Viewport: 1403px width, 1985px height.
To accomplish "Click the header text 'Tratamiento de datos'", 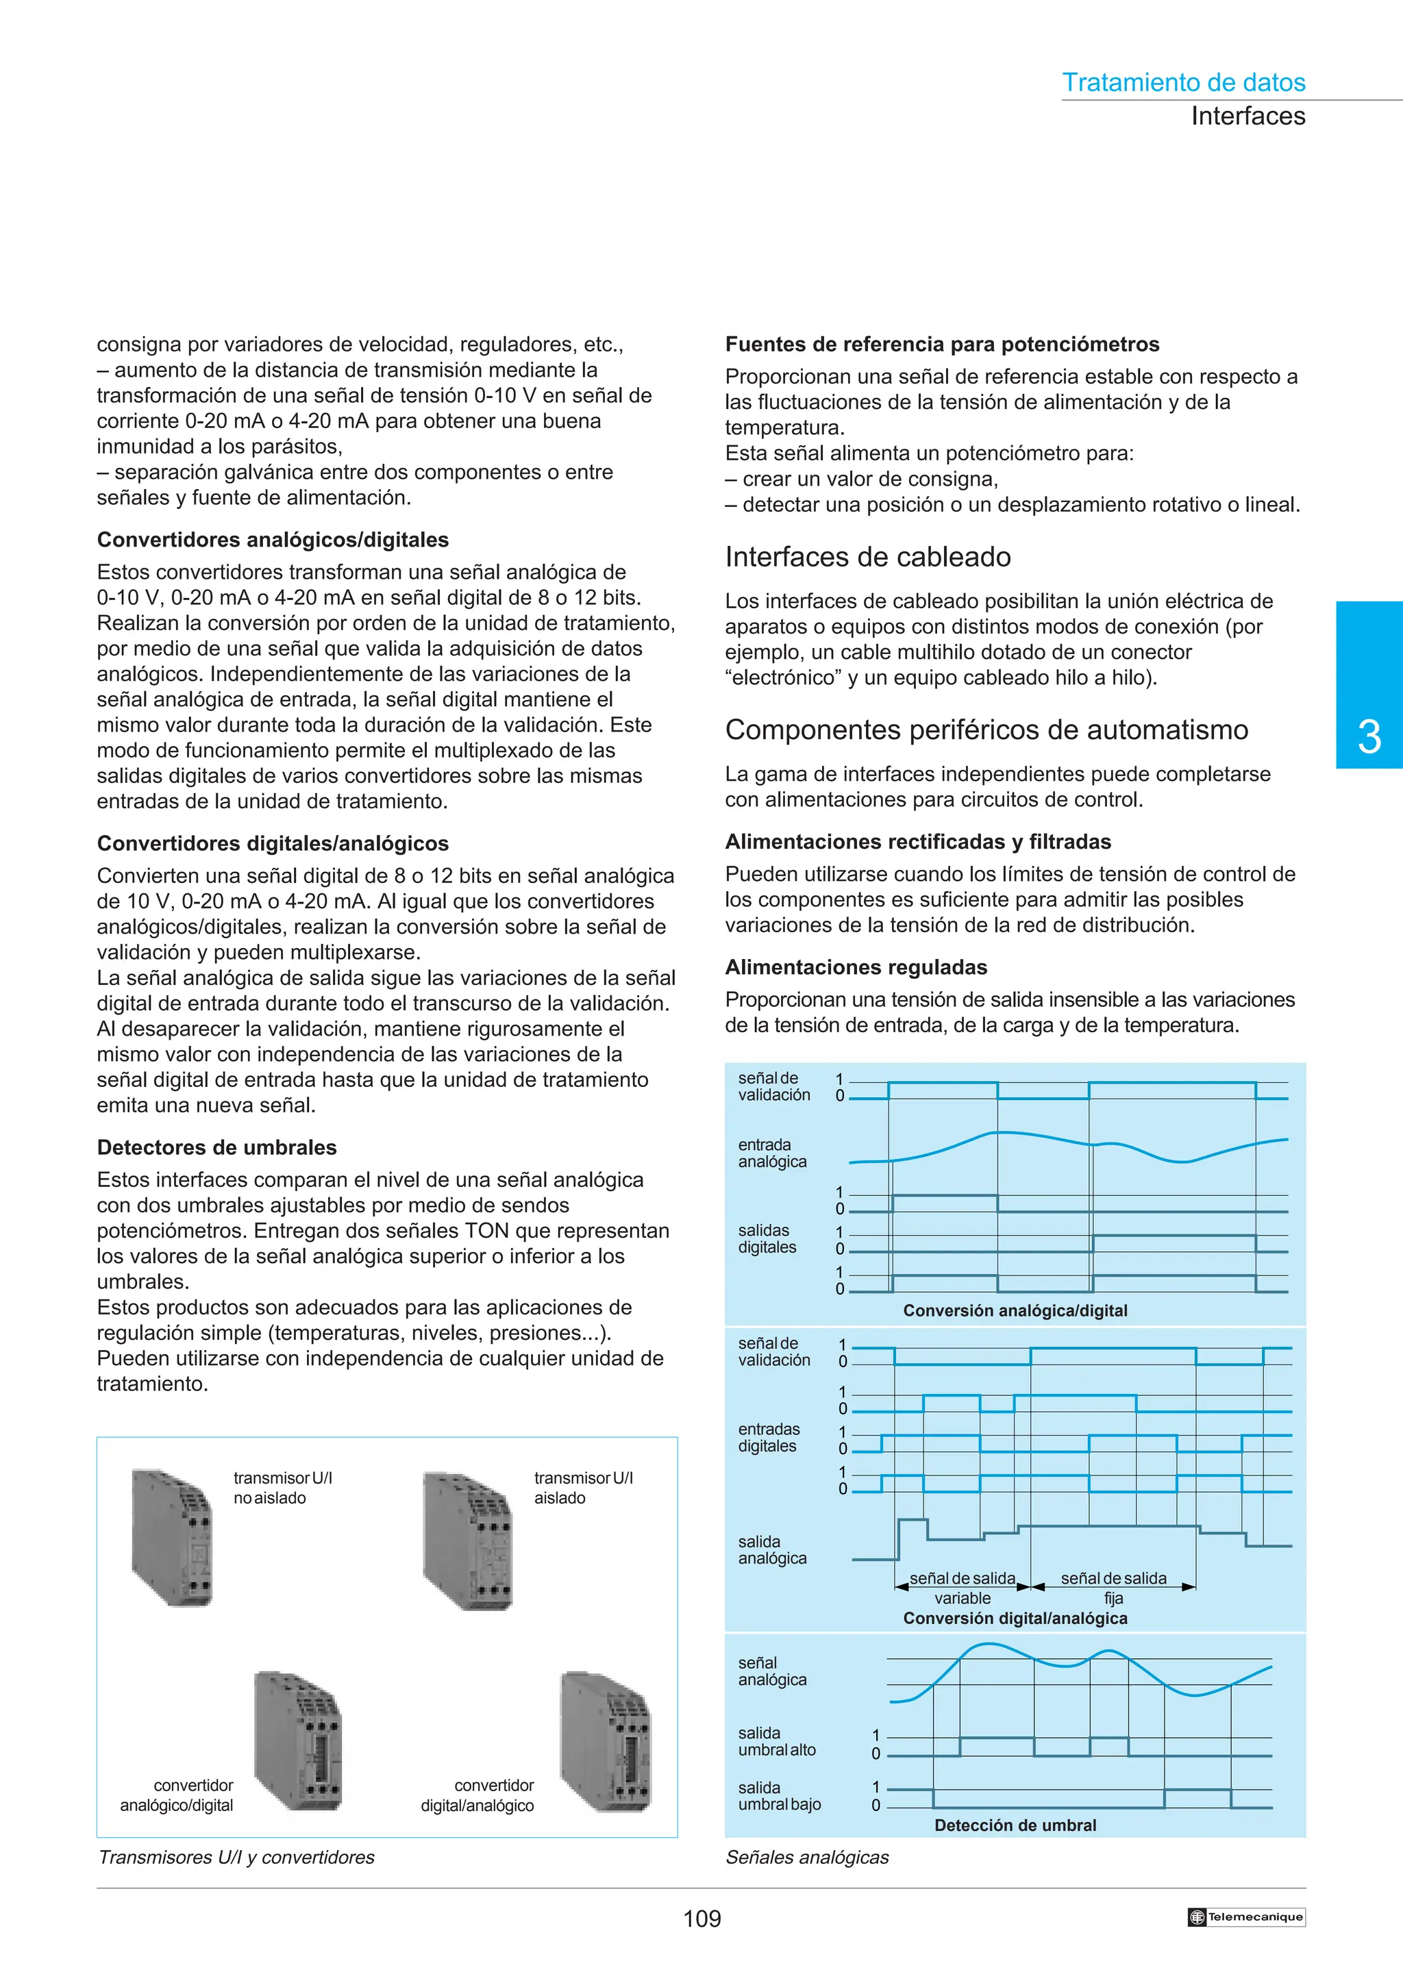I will click(x=1182, y=83).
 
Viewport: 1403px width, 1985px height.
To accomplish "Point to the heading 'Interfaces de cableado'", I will click(x=867, y=557).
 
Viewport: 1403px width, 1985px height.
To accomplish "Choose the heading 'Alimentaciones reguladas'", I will click(x=855, y=966).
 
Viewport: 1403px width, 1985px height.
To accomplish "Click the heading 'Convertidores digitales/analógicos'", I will click(x=272, y=843).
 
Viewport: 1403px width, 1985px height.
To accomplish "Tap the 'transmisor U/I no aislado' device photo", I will click(x=173, y=1536).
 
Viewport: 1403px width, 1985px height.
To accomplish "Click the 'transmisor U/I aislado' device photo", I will click(x=468, y=1540).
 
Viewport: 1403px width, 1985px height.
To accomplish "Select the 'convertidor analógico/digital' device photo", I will click(x=298, y=1740).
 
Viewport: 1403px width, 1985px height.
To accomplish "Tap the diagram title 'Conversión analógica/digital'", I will click(x=1015, y=1310).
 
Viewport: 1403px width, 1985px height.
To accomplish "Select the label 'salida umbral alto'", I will click(x=776, y=1741).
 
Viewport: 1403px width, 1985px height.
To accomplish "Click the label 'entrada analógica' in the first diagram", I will click(x=772, y=1153).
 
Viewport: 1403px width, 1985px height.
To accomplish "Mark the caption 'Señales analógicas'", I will click(x=806, y=1857).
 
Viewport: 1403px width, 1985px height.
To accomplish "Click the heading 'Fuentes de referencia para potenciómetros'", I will click(x=941, y=344).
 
